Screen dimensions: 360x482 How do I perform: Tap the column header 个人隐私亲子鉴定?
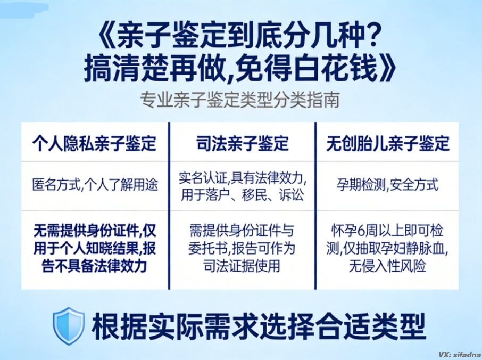point(94,143)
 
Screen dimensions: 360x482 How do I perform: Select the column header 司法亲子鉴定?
point(242,143)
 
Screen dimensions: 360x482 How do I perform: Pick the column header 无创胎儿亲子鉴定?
point(388,143)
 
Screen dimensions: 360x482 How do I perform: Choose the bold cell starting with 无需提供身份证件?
point(94,249)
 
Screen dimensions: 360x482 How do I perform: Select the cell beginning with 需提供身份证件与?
point(242,249)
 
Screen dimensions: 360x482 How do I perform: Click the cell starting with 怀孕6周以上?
point(388,249)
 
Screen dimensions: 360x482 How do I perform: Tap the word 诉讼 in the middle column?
point(292,195)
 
